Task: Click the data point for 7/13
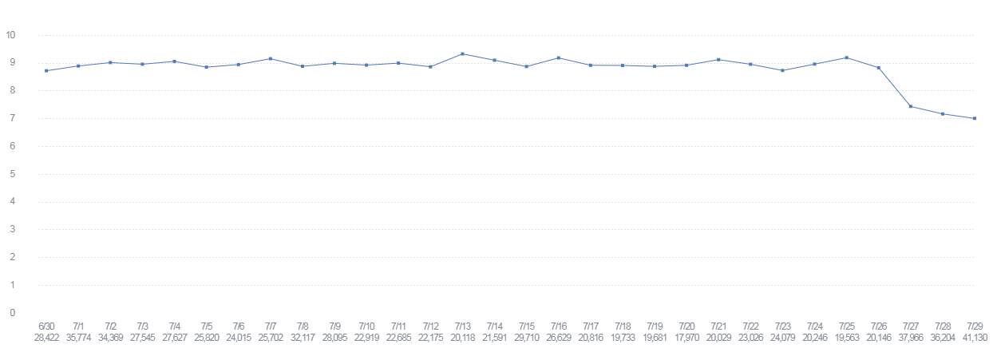462,53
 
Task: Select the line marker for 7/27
910,106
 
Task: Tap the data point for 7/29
974,118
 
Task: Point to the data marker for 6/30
46,70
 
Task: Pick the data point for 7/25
846,57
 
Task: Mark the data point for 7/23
782,70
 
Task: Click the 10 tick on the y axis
11,35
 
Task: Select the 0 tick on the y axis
11,313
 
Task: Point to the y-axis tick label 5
11,174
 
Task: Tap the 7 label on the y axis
11,118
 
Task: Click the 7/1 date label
78,326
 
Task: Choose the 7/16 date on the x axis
558,326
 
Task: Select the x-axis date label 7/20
686,326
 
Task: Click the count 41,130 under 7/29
974,338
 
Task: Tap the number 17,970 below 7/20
686,338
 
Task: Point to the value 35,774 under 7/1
78,338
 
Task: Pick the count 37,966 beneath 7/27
910,338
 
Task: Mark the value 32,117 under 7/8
303,338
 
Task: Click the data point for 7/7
271,58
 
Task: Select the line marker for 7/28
942,114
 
